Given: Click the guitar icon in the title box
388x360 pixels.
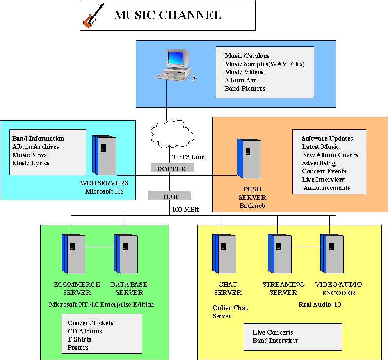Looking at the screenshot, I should [94, 16].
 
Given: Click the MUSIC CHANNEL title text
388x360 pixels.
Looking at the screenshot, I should [167, 16].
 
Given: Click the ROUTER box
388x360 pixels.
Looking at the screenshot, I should [171, 169].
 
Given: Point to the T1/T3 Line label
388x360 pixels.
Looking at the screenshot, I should [188, 157].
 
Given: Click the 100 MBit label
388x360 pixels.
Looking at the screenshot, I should [186, 209].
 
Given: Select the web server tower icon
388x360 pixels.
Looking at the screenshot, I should [104, 155].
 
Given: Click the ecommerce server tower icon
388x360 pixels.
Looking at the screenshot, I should [73, 253].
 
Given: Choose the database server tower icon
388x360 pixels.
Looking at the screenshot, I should [126, 253].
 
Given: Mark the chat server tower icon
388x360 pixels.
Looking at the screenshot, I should [224, 253].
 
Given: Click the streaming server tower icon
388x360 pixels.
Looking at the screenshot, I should [280, 253].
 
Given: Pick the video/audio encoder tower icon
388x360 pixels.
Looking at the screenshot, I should [332, 253].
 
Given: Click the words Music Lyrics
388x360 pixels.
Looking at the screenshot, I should [31, 163].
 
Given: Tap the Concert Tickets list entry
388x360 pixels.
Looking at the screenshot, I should [91, 323].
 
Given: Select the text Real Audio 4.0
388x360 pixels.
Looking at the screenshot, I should [320, 305].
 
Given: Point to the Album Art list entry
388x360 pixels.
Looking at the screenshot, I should [240, 80].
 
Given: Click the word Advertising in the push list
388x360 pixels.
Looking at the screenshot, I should [319, 163].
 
